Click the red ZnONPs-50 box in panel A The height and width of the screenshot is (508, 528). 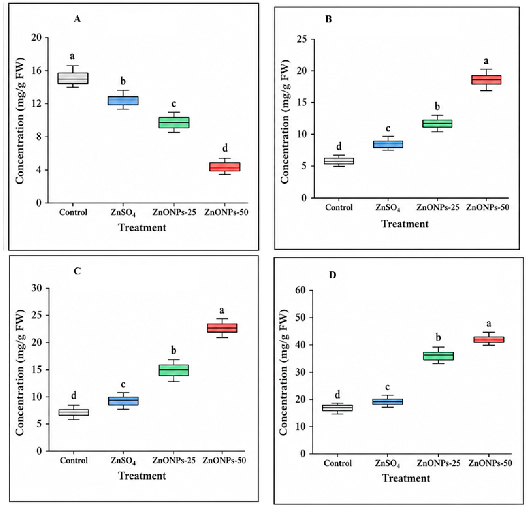click(x=225, y=166)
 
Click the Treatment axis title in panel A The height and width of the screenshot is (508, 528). click(x=142, y=228)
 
